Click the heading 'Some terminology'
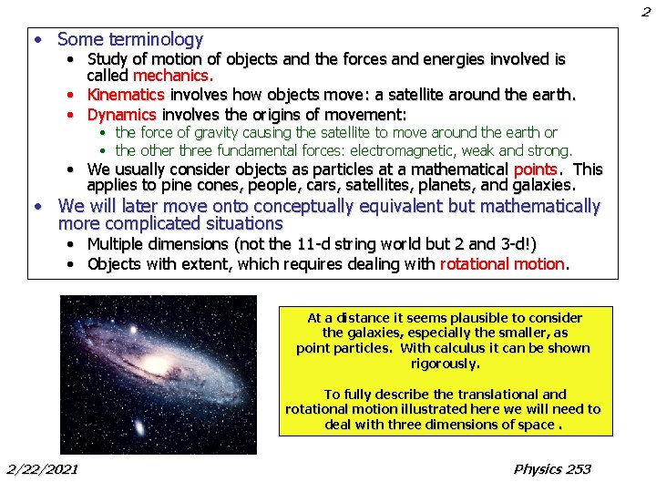(129, 39)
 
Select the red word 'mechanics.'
(173, 76)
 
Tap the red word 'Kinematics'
(126, 95)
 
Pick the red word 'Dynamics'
(122, 115)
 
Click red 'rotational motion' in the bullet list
(503, 264)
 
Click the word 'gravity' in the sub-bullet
(211, 133)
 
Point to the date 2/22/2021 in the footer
(42, 469)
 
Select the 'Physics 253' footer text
(552, 469)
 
